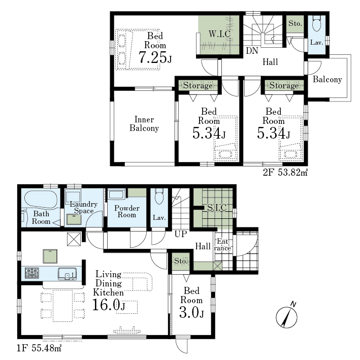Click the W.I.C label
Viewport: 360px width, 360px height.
coord(219,34)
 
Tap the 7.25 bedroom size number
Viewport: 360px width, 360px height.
coord(151,57)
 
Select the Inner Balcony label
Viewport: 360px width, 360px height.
coord(144,123)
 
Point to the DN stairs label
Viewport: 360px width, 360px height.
coord(252,51)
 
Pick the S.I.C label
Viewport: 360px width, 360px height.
coord(217,208)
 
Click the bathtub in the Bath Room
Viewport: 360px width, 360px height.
coord(41,199)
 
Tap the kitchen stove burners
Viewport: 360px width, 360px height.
coord(32,273)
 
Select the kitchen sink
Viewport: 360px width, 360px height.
coord(67,274)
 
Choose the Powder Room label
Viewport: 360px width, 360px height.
coord(127,211)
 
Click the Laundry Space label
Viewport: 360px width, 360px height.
coord(84,207)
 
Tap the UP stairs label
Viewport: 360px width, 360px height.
coord(181,234)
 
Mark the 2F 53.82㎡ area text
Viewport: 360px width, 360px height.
coord(285,172)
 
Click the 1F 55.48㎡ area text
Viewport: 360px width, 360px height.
coord(39,348)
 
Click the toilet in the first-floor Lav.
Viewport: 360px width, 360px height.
coord(159,197)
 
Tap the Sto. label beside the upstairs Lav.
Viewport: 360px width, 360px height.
coord(295,23)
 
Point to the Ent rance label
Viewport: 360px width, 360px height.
coord(222,245)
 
